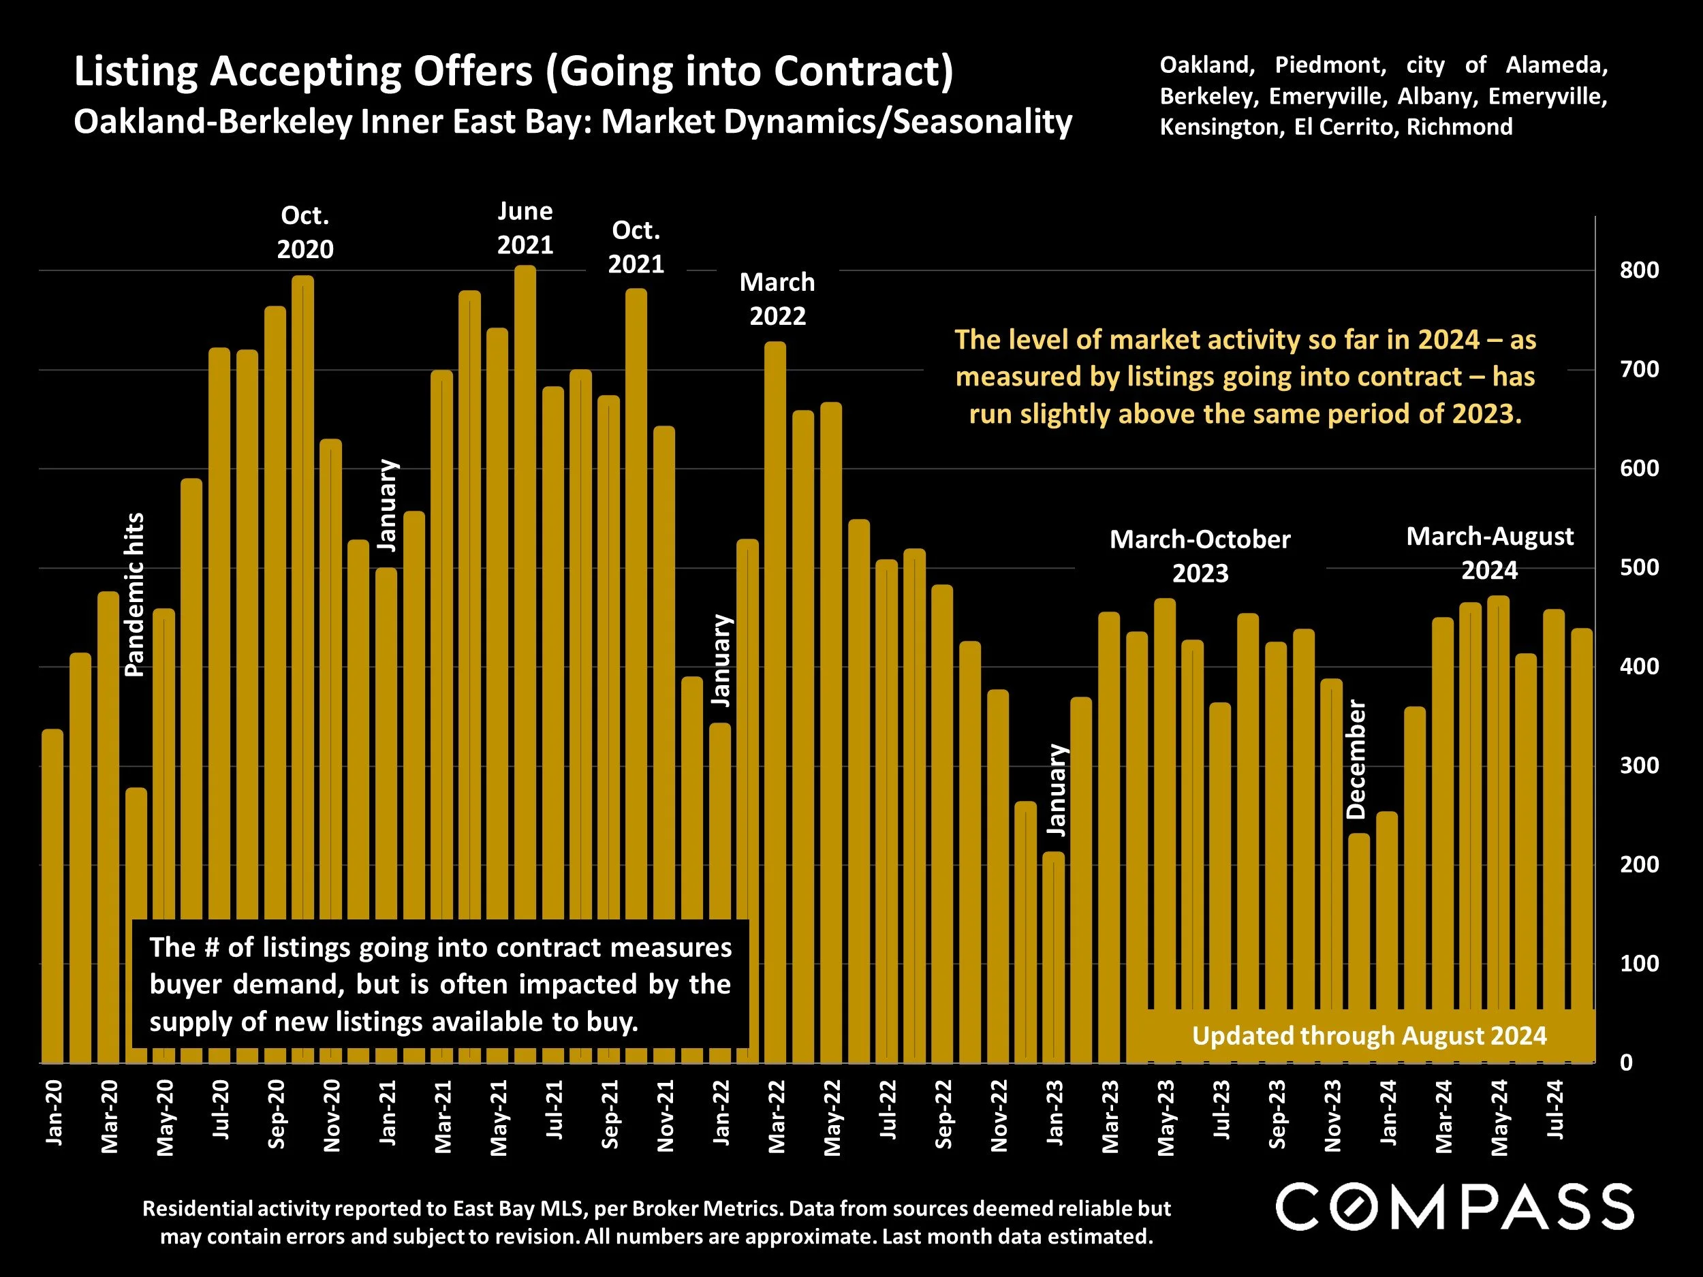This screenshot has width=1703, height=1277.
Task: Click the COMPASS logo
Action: (x=1454, y=1207)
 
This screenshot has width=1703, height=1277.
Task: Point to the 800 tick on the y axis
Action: (x=1638, y=270)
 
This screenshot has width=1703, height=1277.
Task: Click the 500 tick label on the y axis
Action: (x=1638, y=568)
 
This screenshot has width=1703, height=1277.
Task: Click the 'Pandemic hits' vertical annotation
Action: (x=135, y=595)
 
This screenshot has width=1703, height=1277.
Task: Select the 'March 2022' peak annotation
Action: (x=777, y=299)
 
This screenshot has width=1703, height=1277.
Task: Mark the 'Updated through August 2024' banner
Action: (x=1369, y=1036)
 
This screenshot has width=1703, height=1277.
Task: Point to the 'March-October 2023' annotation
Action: (x=1200, y=556)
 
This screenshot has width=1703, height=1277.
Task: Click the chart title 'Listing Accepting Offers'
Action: (x=514, y=72)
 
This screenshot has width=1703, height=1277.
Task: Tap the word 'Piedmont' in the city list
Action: (x=1330, y=65)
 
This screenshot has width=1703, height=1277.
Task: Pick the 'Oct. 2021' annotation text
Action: (x=636, y=247)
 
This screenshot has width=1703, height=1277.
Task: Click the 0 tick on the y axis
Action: (x=1626, y=1063)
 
